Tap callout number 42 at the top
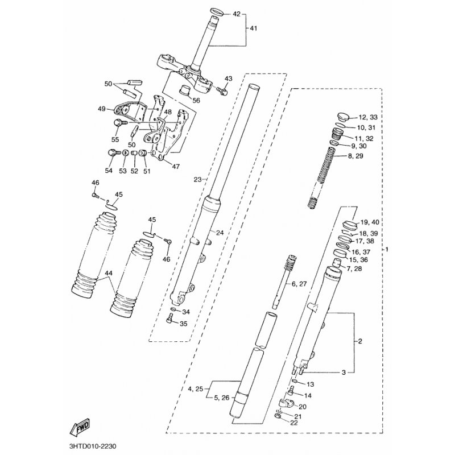237,14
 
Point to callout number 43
229,78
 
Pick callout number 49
102,109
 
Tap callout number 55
116,139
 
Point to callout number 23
197,179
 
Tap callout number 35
183,324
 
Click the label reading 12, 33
368,117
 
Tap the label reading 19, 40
369,222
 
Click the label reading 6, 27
299,283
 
